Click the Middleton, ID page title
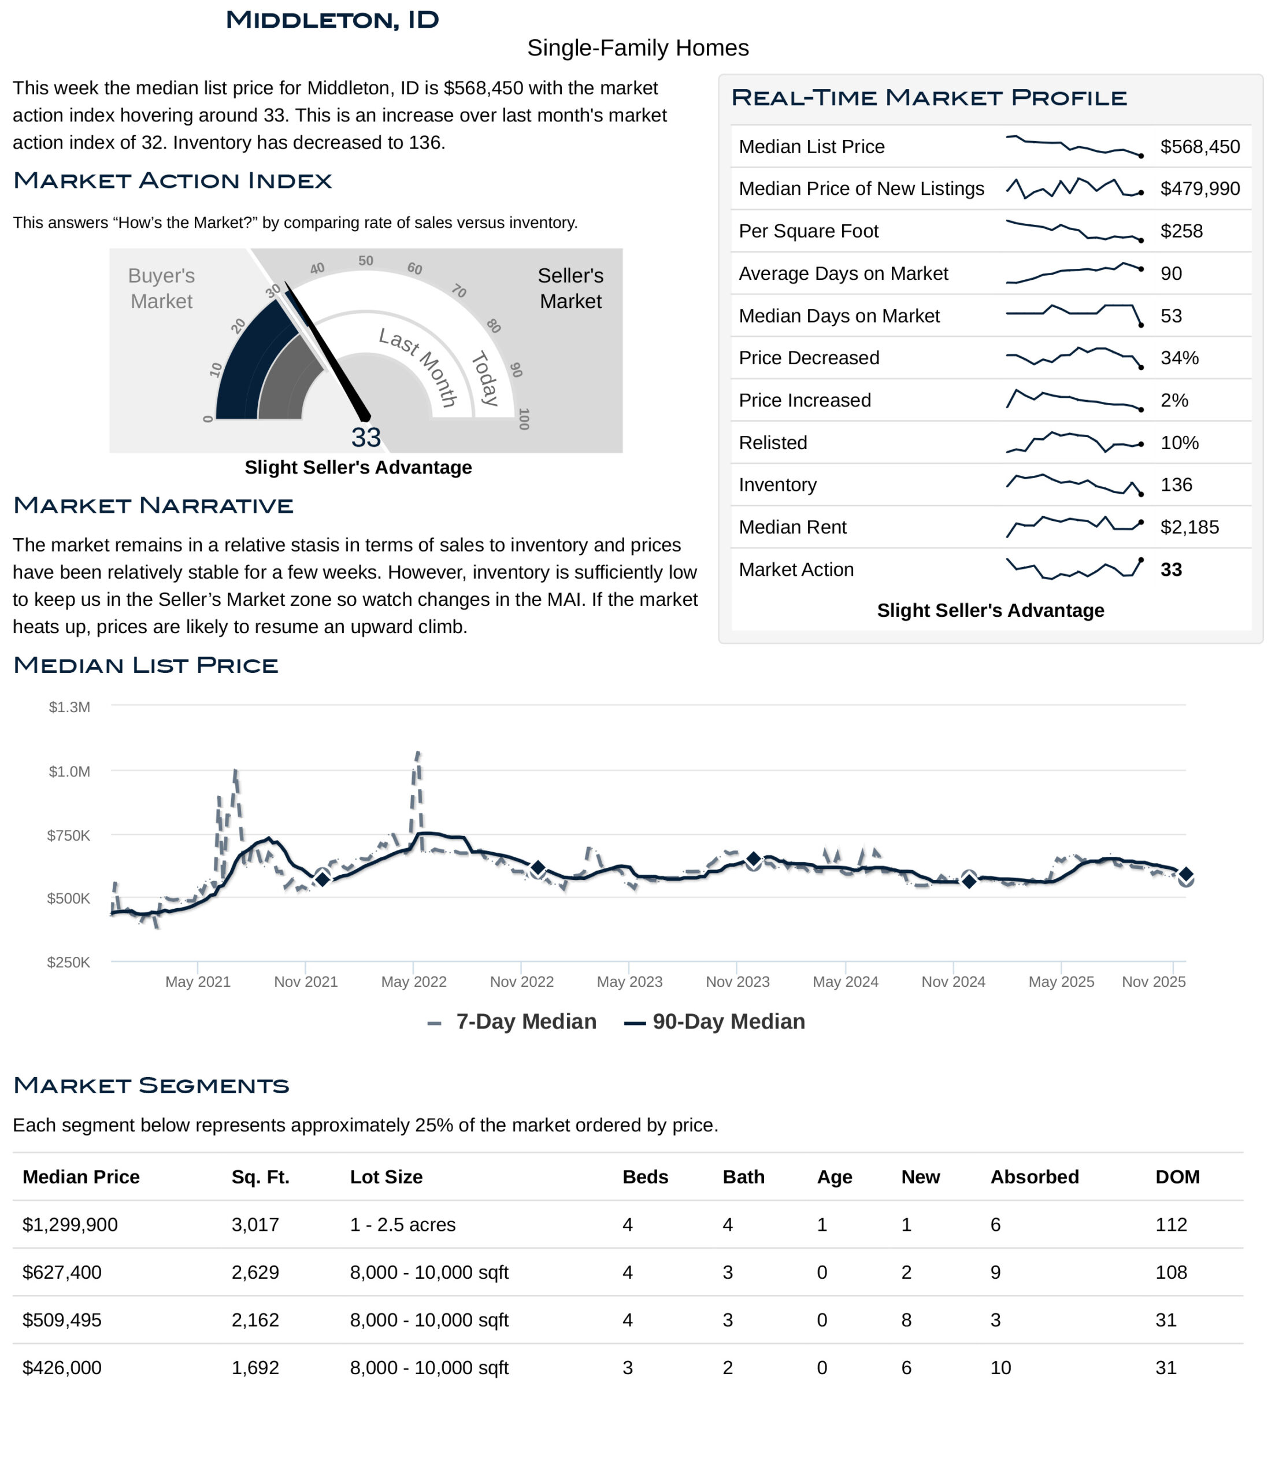pyautogui.click(x=332, y=20)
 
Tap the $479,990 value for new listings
pyautogui.click(x=1199, y=188)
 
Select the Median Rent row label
pyautogui.click(x=792, y=527)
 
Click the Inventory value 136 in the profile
pyautogui.click(x=1176, y=485)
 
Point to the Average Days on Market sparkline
pyautogui.click(x=1073, y=273)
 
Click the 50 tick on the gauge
pyautogui.click(x=366, y=261)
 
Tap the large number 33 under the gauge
pyautogui.click(x=366, y=437)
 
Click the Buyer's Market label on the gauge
pyautogui.click(x=161, y=288)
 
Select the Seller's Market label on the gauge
pyautogui.click(x=570, y=288)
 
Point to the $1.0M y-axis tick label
pyautogui.click(x=69, y=771)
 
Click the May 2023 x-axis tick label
pyautogui.click(x=629, y=982)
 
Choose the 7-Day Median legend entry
pyautogui.click(x=525, y=1022)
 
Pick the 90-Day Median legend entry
pyautogui.click(x=728, y=1022)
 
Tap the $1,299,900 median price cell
pyautogui.click(x=70, y=1225)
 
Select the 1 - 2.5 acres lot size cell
pyautogui.click(x=402, y=1225)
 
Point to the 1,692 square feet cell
pyautogui.click(x=255, y=1368)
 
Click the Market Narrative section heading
pyautogui.click(x=153, y=506)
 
